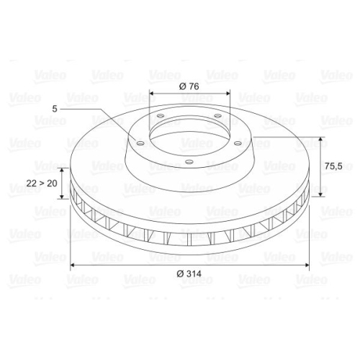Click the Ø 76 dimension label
pos(188,86)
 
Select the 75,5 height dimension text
pos(332,166)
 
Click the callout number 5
pos(55,109)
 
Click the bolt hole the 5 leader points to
pos(140,143)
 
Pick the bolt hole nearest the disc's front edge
pos(189,161)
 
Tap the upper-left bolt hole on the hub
pos(160,115)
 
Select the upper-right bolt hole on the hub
pos(217,115)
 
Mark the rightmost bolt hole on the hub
pos(238,143)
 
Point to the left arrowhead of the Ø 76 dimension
pos(151,94)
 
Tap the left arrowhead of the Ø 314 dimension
pos(73,266)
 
